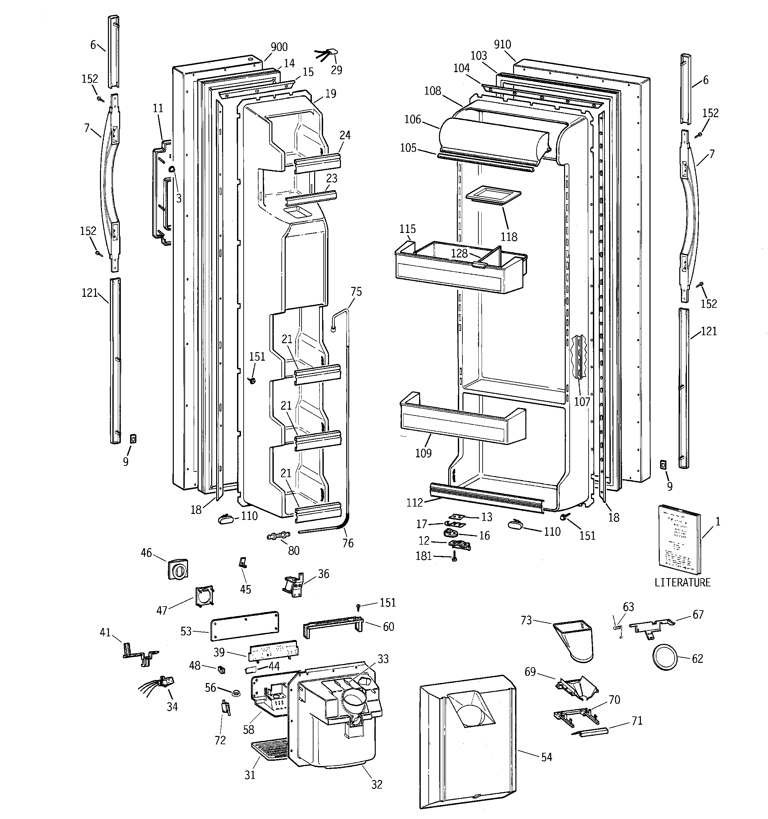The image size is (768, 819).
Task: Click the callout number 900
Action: [279, 47]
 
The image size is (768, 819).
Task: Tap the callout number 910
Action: [503, 44]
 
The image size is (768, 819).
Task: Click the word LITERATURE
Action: [683, 582]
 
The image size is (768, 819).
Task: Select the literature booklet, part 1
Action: [679, 540]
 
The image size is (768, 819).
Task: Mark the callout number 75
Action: [356, 292]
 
